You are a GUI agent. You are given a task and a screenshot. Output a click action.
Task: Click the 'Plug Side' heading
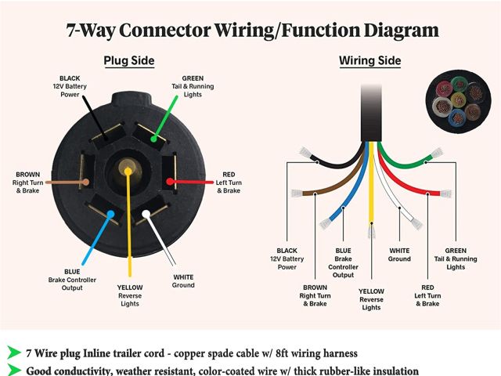[129, 61]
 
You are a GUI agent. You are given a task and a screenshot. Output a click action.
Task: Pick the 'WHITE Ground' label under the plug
[183, 280]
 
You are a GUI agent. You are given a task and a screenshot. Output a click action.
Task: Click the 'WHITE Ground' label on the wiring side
[399, 254]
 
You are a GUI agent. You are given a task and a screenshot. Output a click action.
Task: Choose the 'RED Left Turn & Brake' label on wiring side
[427, 295]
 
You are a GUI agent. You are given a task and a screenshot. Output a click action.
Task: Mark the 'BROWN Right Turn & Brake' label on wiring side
[315, 295]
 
